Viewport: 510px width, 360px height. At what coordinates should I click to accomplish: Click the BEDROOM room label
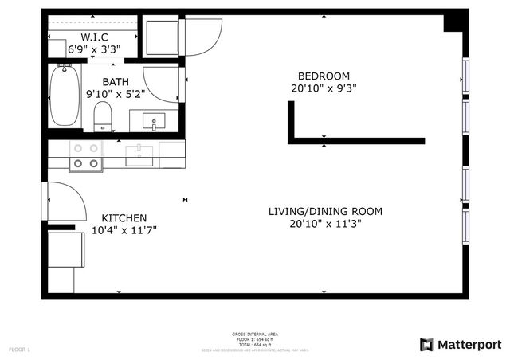(x=324, y=76)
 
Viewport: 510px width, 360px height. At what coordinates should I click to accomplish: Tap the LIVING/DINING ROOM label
(x=325, y=212)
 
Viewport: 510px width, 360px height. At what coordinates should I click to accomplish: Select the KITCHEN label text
(x=124, y=218)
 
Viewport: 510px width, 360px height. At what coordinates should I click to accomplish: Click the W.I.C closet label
(x=94, y=37)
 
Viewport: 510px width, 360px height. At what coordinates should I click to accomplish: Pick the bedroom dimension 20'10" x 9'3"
(x=324, y=88)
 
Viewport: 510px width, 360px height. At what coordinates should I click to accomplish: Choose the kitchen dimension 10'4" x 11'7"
(x=124, y=231)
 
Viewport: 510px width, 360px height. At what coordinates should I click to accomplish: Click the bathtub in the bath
(x=65, y=96)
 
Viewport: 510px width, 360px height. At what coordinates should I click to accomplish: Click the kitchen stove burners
(x=85, y=155)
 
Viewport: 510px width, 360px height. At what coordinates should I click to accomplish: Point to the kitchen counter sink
(x=139, y=154)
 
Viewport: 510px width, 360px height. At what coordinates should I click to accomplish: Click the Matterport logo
(x=461, y=344)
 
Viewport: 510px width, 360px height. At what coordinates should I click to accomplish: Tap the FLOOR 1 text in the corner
(x=19, y=350)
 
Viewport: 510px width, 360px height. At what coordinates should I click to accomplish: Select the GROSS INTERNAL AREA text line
(x=255, y=334)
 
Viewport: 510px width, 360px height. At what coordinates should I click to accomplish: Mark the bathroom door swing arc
(x=165, y=85)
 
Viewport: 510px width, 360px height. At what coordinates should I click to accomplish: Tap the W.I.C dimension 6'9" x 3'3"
(x=94, y=49)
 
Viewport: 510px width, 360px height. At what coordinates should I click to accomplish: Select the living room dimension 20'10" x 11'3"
(x=325, y=225)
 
